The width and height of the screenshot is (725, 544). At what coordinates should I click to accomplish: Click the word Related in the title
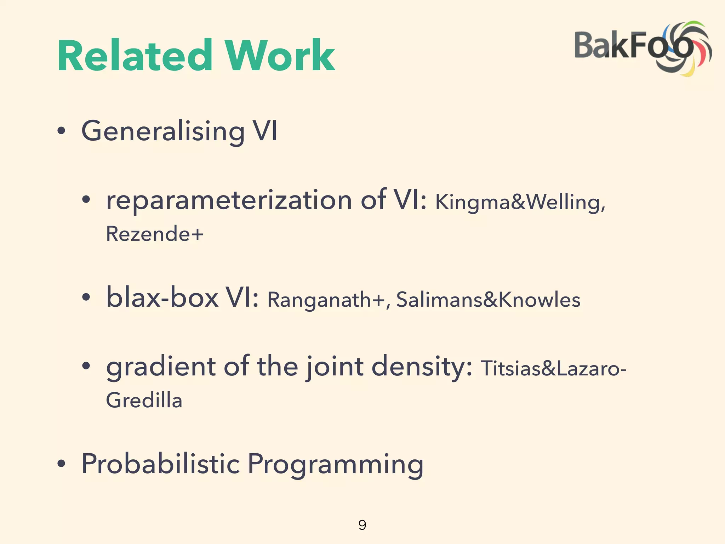[x=135, y=56]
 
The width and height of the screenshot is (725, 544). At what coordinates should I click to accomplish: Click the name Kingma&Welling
[x=520, y=203]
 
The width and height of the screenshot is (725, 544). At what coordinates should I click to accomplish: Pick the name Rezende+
[x=155, y=234]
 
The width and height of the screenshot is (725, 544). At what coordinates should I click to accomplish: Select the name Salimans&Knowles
[x=488, y=300]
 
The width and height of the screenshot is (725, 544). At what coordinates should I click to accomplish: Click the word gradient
[x=161, y=367]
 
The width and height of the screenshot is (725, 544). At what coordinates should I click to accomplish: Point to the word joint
[x=335, y=367]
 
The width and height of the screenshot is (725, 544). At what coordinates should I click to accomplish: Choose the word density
[x=421, y=367]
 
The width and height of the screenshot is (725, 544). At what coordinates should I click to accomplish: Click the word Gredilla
[x=144, y=401]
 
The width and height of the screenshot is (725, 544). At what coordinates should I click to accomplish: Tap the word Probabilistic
[x=161, y=464]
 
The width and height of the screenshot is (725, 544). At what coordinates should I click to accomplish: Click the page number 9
[x=362, y=525]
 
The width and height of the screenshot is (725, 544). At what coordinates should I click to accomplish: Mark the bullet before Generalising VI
[x=61, y=131]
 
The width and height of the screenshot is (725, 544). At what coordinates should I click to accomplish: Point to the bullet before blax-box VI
[x=86, y=297]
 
